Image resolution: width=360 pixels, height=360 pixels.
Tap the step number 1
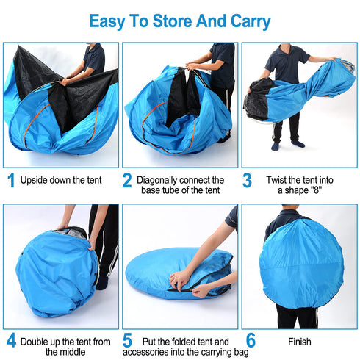click(x=11, y=179)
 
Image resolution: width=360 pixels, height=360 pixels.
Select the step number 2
click(x=127, y=179)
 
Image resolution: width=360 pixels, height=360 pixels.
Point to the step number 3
click(x=247, y=179)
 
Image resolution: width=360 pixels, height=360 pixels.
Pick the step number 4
click(x=11, y=341)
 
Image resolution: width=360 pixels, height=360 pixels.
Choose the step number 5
click(x=127, y=341)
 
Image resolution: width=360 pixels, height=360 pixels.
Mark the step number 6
click(x=251, y=341)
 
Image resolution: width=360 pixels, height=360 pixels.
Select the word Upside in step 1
click(x=35, y=179)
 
